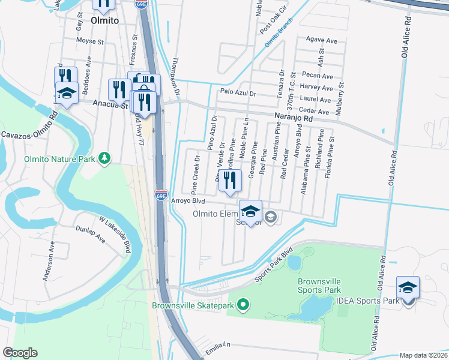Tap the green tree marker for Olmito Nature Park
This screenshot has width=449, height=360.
click(x=106, y=158)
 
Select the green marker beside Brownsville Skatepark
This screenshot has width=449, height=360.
click(x=243, y=306)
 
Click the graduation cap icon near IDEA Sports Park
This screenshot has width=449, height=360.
click(x=408, y=289)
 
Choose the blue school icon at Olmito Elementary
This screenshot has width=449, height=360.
click(x=250, y=212)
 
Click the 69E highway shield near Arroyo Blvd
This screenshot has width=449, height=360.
click(x=161, y=196)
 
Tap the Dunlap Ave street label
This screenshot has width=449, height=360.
click(x=90, y=234)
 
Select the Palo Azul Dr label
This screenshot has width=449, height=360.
click(x=238, y=93)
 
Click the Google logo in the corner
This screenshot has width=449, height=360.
click(x=20, y=353)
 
